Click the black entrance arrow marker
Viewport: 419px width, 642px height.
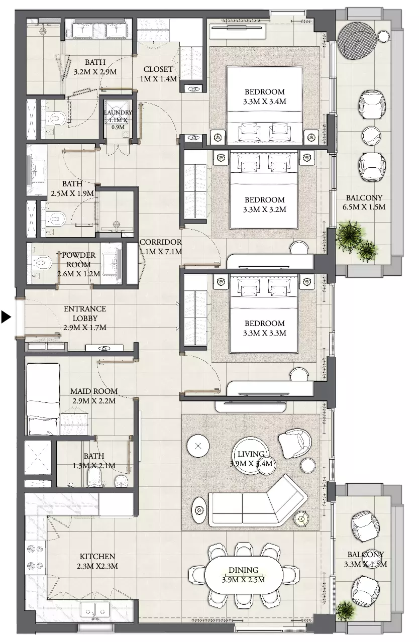tap(6, 317)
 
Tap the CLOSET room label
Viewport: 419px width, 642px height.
tap(158, 69)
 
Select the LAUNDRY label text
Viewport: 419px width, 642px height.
tap(118, 113)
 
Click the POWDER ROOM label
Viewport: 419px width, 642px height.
tap(78, 260)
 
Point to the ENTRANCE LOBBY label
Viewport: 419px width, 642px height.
tap(85, 313)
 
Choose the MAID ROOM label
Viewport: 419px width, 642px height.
tap(94, 391)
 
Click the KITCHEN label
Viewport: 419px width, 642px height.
tap(97, 556)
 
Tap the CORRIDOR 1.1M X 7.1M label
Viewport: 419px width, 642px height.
tap(160, 247)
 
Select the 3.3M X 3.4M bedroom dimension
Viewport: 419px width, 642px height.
tap(265, 101)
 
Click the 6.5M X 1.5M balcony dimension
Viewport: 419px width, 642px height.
tap(364, 207)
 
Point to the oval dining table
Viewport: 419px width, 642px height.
tap(244, 575)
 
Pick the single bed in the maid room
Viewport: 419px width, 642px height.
tap(43, 399)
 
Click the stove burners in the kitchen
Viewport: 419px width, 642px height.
tap(35, 557)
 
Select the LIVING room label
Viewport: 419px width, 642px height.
tap(251, 454)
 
